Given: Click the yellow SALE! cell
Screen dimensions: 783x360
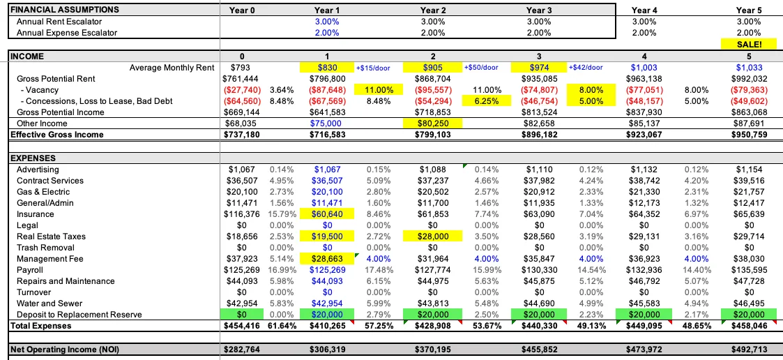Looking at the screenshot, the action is (x=749, y=44).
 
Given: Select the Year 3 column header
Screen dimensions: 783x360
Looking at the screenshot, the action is (x=539, y=10).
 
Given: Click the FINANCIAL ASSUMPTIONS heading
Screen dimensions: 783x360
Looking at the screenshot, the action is (x=65, y=10).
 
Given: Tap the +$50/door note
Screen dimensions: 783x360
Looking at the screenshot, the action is (x=481, y=68).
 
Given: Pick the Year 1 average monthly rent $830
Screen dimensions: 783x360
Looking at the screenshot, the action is (x=327, y=68).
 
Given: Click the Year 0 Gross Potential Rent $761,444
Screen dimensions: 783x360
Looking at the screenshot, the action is (x=240, y=79).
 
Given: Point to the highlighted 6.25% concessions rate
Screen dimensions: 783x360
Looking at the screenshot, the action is (x=487, y=101).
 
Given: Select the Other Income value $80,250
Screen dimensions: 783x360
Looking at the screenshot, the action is (x=433, y=123).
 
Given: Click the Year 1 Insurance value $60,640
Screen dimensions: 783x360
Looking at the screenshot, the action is (x=327, y=214).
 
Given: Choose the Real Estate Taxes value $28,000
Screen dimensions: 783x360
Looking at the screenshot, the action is (x=433, y=237).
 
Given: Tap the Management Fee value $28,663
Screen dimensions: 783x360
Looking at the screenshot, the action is (x=327, y=259).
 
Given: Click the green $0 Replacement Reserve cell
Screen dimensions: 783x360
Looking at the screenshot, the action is (x=240, y=315).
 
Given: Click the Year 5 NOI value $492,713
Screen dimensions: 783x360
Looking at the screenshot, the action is (x=749, y=350).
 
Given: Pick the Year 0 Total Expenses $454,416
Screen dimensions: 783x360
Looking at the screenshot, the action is (x=240, y=326).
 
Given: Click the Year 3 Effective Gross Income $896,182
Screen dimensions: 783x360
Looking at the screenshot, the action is (x=539, y=135).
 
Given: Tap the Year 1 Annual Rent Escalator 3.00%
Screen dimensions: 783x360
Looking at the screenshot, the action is (x=327, y=22).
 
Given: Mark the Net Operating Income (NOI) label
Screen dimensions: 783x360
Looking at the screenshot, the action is (x=65, y=350).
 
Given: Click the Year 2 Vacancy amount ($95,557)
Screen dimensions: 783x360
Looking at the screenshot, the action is (x=433, y=90).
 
